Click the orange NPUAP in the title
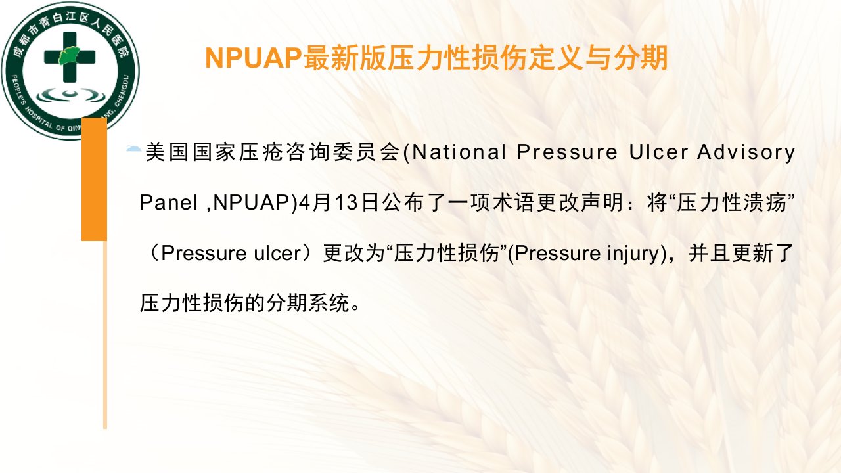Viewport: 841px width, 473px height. (254, 58)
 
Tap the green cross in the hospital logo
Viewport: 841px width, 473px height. (70, 57)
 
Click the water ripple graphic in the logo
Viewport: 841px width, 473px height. (70, 95)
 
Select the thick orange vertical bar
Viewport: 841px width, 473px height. (94, 179)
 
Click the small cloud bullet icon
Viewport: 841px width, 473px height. (133, 148)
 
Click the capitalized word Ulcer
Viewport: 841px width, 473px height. (658, 152)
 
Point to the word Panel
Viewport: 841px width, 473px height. (169, 203)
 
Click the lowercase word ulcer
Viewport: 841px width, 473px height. (278, 253)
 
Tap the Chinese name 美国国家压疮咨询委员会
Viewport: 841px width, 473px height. (273, 152)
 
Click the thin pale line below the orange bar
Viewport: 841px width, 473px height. (105, 334)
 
